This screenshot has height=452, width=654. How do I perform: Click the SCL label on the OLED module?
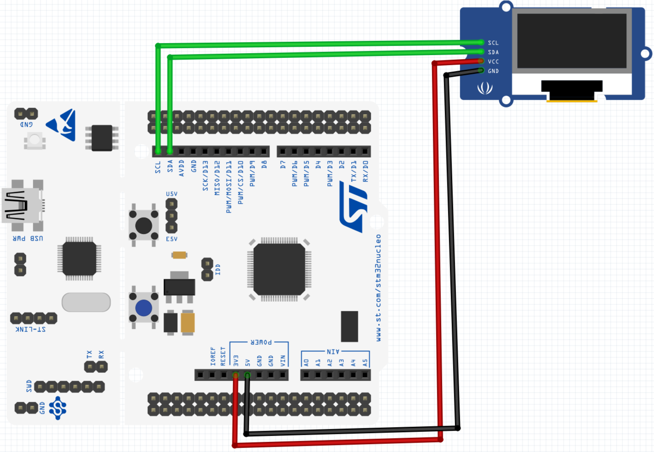(x=493, y=43)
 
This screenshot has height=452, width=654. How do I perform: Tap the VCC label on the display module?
(x=493, y=62)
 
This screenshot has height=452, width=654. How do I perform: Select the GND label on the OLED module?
(x=493, y=71)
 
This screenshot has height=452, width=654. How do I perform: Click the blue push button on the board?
(x=143, y=308)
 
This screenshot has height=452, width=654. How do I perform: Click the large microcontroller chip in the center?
(x=279, y=269)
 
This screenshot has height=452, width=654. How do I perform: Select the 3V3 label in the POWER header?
(x=236, y=361)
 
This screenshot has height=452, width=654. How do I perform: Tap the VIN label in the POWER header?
(x=283, y=361)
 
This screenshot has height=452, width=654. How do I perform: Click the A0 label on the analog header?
(x=306, y=363)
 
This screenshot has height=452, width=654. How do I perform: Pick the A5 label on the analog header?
(x=365, y=363)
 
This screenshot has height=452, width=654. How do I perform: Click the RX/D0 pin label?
(x=365, y=171)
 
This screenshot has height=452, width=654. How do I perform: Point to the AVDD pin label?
(x=181, y=168)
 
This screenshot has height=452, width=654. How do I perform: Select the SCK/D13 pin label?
(x=205, y=176)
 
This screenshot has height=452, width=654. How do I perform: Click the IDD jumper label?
(x=218, y=269)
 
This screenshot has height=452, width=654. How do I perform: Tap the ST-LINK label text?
(x=31, y=329)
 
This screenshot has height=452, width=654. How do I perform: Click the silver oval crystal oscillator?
(x=86, y=302)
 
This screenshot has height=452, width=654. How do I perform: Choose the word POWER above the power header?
(x=261, y=342)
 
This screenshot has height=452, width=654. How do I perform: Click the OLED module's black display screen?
(x=572, y=41)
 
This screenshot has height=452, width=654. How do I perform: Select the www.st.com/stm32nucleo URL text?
(x=378, y=288)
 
